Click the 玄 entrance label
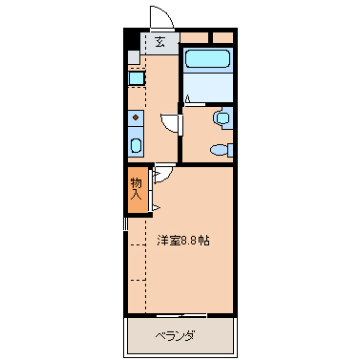pyautogui.click(x=160, y=41)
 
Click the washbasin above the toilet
pyautogui.click(x=222, y=118)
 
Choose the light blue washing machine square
pyautogui.click(x=136, y=78)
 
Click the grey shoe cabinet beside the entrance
pyautogui.click(x=135, y=56)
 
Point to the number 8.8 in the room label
pyautogui.click(x=190, y=240)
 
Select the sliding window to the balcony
pyautogui.click(x=180, y=314)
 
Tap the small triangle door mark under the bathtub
pyautogui.click(x=188, y=98)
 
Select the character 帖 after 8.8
pyautogui.click(x=205, y=240)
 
